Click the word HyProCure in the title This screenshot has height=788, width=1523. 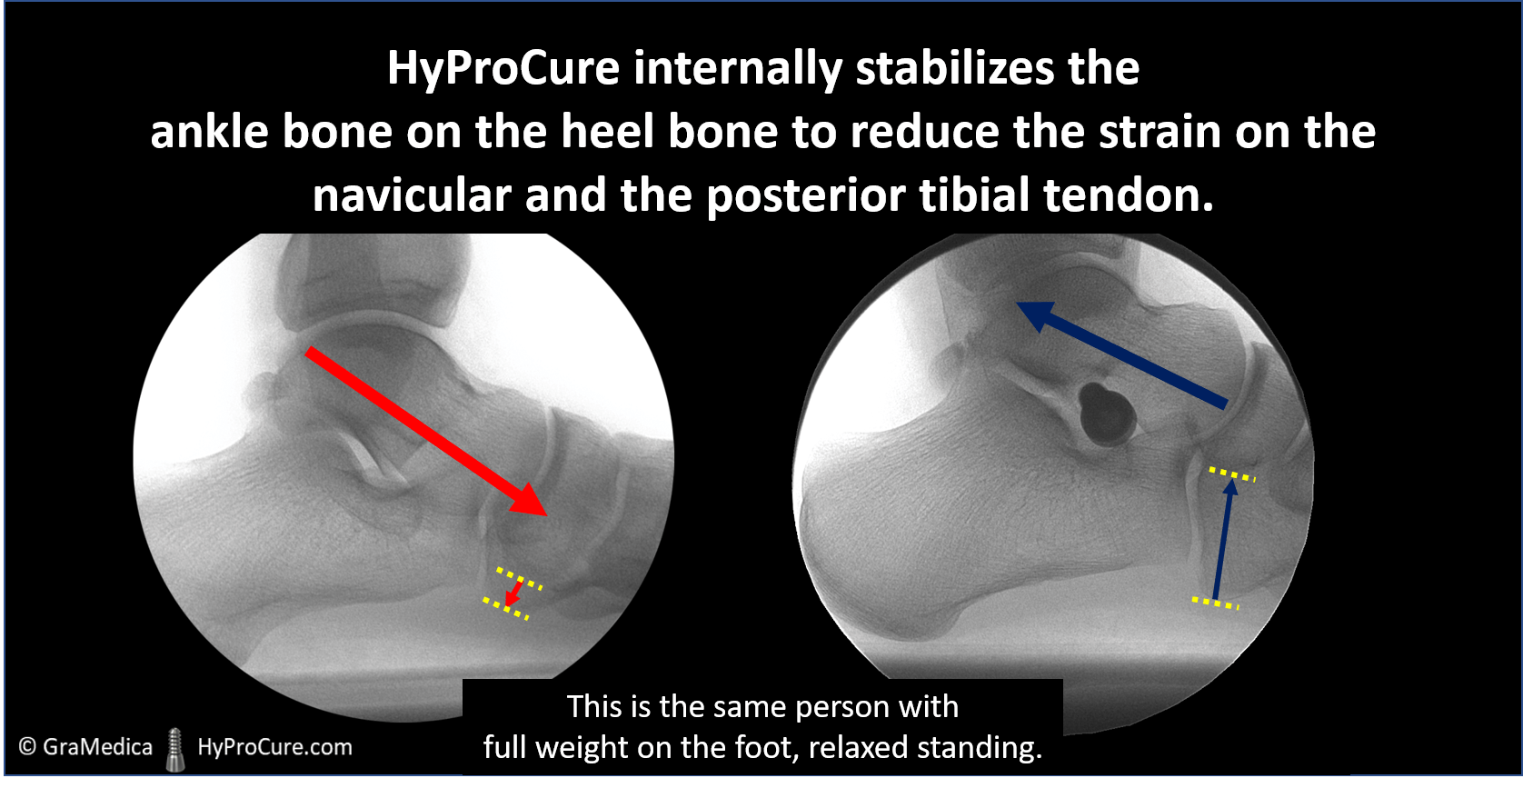click(x=503, y=69)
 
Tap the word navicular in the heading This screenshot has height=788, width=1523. click(x=412, y=195)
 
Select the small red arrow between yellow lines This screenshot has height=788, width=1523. click(x=514, y=593)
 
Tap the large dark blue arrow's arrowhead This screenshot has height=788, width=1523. click(x=1036, y=316)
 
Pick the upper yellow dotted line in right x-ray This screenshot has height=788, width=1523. click(x=1232, y=474)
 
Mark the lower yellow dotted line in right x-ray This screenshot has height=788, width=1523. click(x=1215, y=603)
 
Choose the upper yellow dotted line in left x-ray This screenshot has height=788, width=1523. click(x=520, y=578)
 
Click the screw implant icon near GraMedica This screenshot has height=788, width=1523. click(x=175, y=750)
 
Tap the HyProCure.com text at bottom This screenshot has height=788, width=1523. click(x=274, y=747)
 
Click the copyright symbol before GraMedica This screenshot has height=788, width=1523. click(x=27, y=746)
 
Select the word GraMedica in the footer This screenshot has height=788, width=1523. click(x=97, y=746)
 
